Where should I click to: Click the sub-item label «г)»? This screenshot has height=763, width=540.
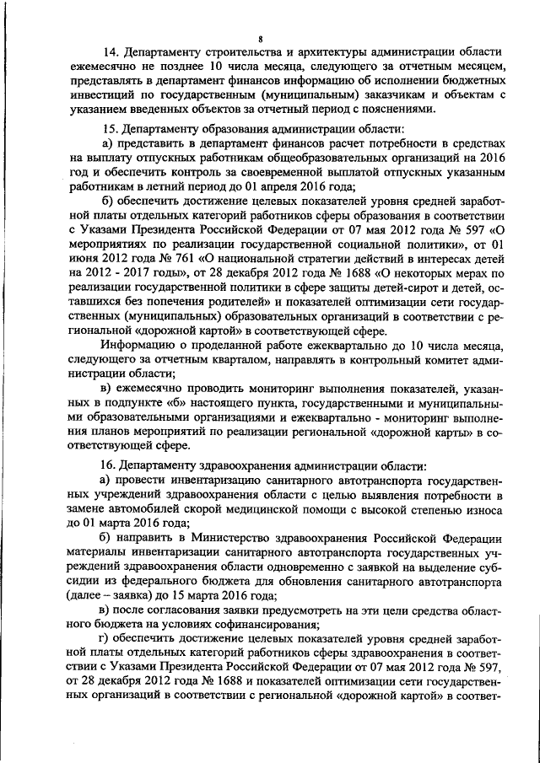coord(105,638)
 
